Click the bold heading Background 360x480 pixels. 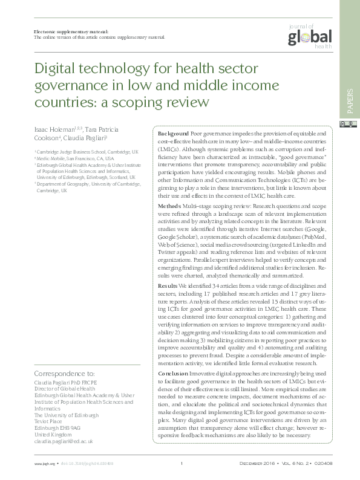click(x=172, y=132)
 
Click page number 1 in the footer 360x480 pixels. click(x=181, y=464)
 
